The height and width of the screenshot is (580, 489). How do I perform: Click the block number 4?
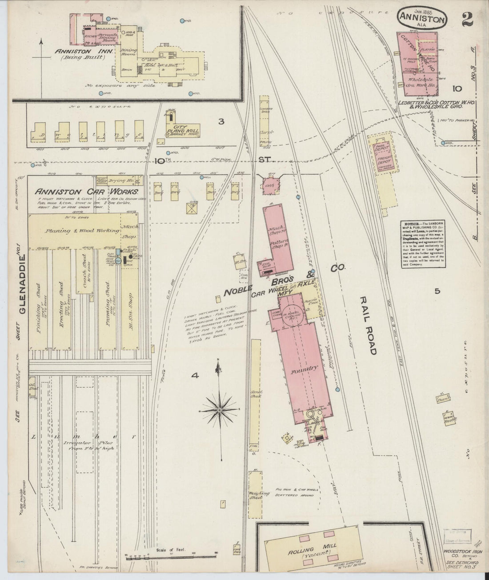[x=194, y=376]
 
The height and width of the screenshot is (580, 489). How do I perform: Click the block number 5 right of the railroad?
[x=437, y=291]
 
